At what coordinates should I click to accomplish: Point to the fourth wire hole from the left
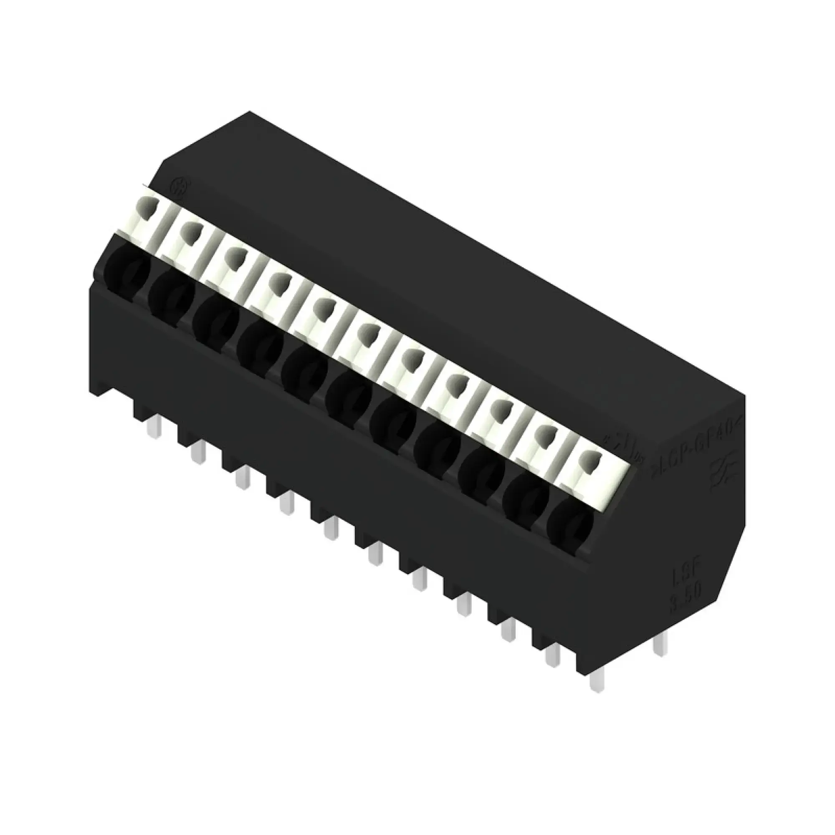(259, 346)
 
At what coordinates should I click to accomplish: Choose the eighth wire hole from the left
(437, 445)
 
